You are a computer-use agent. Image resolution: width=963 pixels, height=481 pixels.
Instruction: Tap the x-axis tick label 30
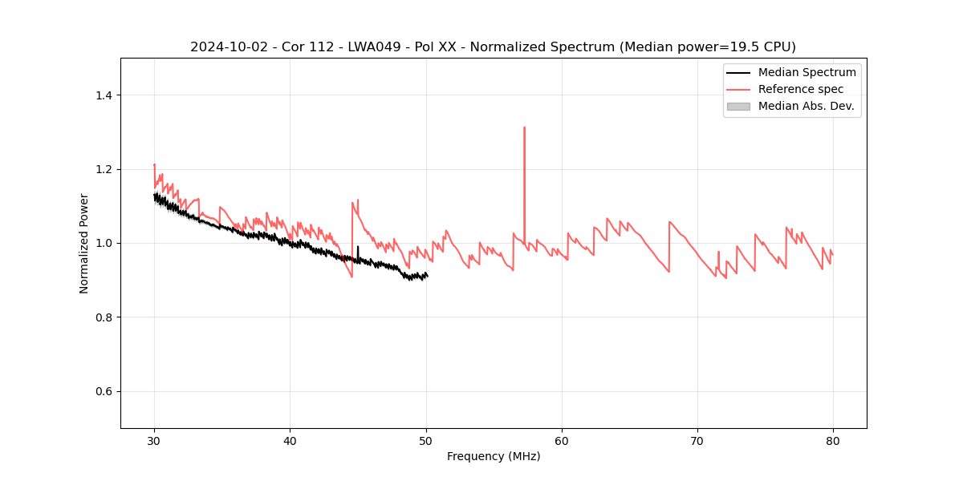[x=154, y=440]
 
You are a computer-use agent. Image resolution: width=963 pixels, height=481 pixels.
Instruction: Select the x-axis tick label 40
[x=290, y=440]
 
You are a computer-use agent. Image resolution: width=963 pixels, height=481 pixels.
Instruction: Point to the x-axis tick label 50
[x=426, y=440]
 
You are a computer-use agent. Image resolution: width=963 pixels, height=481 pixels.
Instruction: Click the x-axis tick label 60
[x=562, y=440]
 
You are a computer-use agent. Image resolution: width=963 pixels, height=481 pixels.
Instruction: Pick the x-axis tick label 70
[x=697, y=440]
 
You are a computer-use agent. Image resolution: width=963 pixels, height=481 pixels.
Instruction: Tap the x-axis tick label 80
[x=833, y=440]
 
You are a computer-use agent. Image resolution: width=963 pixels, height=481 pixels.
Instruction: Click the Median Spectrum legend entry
[x=807, y=72]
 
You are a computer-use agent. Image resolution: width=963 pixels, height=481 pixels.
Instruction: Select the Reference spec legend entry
[x=801, y=89]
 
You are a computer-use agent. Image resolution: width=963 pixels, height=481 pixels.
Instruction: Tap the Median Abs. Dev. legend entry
[x=806, y=106]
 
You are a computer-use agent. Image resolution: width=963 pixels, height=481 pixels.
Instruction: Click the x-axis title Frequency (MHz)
[x=494, y=456]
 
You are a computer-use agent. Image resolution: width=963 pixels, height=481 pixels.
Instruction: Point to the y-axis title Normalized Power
[x=84, y=243]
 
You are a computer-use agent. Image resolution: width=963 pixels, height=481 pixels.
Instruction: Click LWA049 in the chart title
[x=380, y=47]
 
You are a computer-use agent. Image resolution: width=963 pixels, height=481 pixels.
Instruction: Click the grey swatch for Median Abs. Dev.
[x=738, y=106]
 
